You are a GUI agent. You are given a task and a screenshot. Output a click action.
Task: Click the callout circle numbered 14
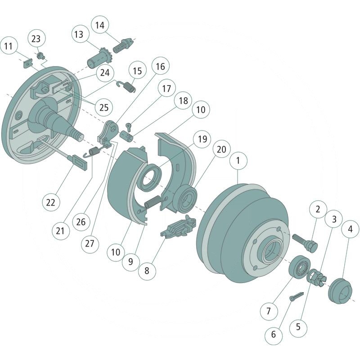pos(99,25)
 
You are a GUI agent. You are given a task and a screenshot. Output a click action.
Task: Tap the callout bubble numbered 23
pos(36,38)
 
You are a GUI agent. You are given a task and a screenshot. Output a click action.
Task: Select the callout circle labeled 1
pos(238,161)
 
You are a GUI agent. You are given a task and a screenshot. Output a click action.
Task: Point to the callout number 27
pos(90,243)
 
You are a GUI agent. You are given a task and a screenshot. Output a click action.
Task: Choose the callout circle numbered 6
pos(274,334)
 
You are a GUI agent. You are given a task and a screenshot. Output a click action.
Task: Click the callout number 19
pos(202,139)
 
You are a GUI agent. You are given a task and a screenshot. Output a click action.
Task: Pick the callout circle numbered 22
pos(51,202)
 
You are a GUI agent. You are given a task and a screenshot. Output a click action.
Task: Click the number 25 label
pos(104,108)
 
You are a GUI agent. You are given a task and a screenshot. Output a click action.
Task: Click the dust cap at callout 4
pos(341,290)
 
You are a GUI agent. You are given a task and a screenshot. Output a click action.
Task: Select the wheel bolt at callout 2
pos(306,242)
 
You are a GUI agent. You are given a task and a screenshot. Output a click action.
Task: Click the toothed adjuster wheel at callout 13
pos(99,58)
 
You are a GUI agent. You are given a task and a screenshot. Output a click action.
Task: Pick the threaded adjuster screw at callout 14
pos(122,46)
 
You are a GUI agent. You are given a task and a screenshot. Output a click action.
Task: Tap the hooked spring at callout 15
pos(126,87)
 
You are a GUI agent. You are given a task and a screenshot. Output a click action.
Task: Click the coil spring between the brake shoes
pos(153,202)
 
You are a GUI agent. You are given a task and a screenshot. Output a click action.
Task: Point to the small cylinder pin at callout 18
pos(127,135)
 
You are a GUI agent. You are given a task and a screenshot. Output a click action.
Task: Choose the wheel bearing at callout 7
pos(299,266)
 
